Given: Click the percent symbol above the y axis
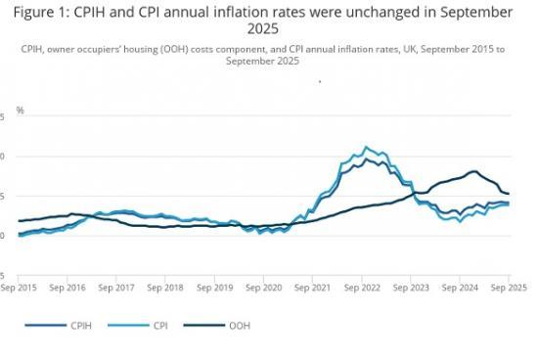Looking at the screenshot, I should click(x=20, y=112).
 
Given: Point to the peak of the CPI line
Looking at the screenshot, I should click(x=366, y=147).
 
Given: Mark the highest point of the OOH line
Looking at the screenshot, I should click(x=473, y=171).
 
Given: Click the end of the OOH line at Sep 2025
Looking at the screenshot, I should click(x=509, y=194).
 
